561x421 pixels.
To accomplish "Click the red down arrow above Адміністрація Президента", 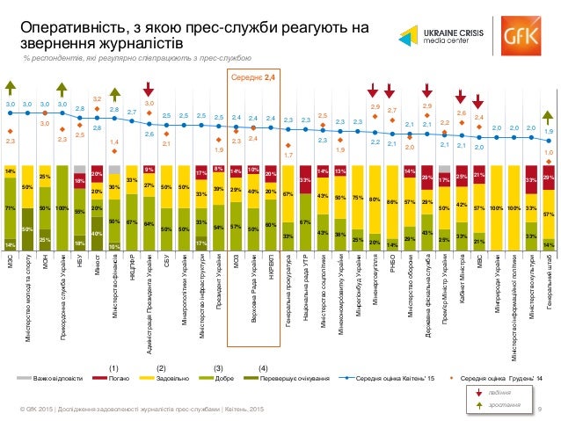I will [x=149, y=87].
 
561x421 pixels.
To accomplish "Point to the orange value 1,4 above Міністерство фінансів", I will [x=114, y=141].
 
